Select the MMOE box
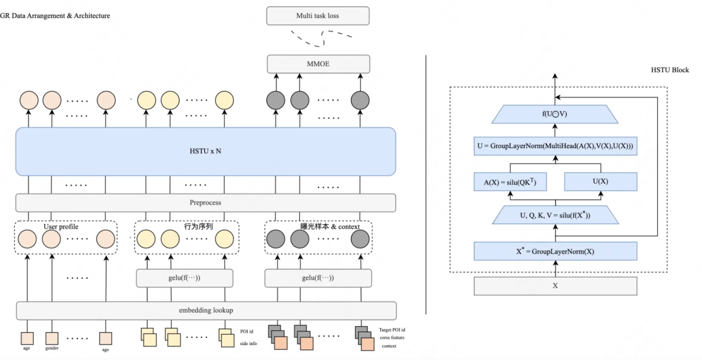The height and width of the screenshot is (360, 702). (x=318, y=64)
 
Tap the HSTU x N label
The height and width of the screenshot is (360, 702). (x=205, y=151)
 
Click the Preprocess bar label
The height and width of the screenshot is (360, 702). (x=205, y=203)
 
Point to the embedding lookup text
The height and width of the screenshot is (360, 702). (x=205, y=310)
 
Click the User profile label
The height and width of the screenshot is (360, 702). (x=60, y=227)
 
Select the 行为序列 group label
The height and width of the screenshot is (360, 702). (x=199, y=227)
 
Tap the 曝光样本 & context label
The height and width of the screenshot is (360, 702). (x=330, y=227)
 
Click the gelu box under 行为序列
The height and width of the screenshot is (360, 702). (x=184, y=278)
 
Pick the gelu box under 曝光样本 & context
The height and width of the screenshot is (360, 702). (x=318, y=278)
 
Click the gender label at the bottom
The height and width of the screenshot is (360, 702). (x=52, y=349)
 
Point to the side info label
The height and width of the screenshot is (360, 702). (x=249, y=343)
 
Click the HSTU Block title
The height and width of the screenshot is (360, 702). (x=669, y=70)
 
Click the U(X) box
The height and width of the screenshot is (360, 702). (x=599, y=181)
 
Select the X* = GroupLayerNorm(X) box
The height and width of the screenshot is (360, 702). (x=554, y=250)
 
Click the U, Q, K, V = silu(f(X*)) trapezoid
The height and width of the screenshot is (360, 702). (x=554, y=215)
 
